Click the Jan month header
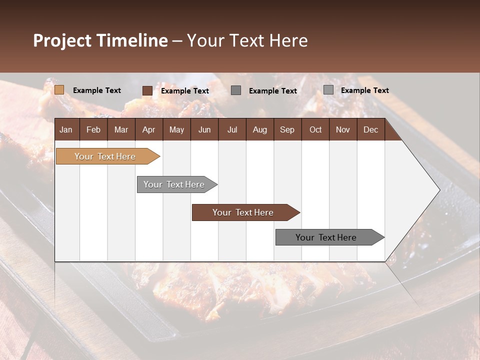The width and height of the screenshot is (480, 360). tap(66, 129)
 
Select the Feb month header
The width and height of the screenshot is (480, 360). tap(93, 129)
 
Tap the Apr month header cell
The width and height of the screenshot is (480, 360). tap(148, 129)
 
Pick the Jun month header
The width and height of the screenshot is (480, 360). tap(204, 129)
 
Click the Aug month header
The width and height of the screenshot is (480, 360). tap(259, 129)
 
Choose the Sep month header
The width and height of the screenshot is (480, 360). tap(287, 129)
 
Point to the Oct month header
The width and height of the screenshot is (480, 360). tap(315, 129)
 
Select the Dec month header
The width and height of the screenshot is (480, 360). tap(370, 129)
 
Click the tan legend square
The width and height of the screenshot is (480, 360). tap(59, 90)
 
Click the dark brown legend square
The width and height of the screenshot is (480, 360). tap(147, 90)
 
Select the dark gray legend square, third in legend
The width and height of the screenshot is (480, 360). tap(236, 90)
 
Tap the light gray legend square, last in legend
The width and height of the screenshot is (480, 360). tap(328, 89)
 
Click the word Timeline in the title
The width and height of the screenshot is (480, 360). tap(132, 40)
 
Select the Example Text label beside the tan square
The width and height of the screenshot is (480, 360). tap(97, 90)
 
